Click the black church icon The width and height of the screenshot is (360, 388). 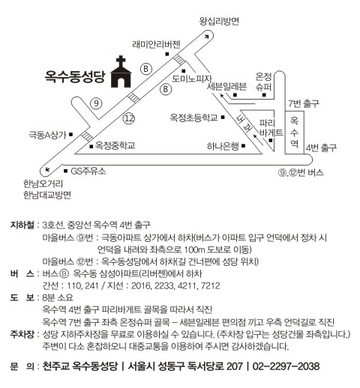click(x=121, y=73)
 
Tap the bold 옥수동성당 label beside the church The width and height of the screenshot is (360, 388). click(x=75, y=76)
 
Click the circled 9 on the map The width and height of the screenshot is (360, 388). click(x=96, y=103)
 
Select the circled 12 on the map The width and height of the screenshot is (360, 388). click(x=129, y=118)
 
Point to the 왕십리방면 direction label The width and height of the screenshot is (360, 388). click(x=219, y=21)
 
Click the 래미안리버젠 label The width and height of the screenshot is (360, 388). click(x=156, y=44)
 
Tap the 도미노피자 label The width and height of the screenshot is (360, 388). click(x=192, y=79)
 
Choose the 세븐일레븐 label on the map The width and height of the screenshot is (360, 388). click(x=226, y=86)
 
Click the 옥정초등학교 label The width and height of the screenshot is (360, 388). click(x=193, y=118)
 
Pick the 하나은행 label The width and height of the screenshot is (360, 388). click(x=223, y=146)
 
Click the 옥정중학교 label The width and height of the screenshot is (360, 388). click(x=115, y=145)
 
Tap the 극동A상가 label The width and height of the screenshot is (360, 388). click(x=47, y=135)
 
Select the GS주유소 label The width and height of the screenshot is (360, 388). click(x=88, y=171)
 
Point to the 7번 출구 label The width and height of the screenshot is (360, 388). click(x=304, y=103)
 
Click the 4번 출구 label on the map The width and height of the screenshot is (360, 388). click(x=321, y=148)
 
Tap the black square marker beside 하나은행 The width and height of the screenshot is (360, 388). click(x=244, y=145)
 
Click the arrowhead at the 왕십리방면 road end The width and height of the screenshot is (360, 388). click(x=206, y=37)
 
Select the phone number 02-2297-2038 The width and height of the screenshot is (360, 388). click(x=286, y=366)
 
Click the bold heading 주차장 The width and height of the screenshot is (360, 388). click(x=22, y=334)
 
